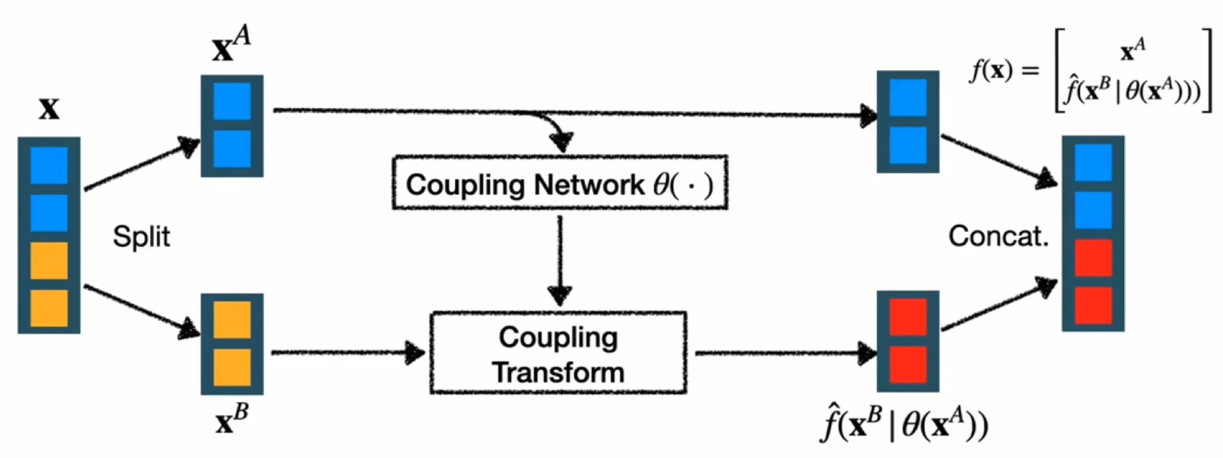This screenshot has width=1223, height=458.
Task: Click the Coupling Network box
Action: click(560, 183)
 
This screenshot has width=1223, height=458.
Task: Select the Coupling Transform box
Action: click(558, 353)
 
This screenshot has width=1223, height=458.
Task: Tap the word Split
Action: click(142, 237)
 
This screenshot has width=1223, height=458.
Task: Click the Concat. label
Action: click(998, 236)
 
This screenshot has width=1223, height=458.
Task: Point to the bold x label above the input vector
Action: click(49, 109)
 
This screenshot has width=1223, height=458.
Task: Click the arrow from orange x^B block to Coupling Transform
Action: click(348, 352)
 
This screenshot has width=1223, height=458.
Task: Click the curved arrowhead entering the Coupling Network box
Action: click(561, 141)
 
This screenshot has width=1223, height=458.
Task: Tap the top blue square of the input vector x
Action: click(49, 165)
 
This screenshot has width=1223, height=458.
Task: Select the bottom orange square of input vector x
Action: click(49, 308)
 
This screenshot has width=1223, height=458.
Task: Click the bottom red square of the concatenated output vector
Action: click(1092, 305)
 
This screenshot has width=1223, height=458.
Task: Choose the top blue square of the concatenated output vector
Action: click(1092, 162)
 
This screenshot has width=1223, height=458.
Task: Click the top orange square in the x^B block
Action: click(232, 320)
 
